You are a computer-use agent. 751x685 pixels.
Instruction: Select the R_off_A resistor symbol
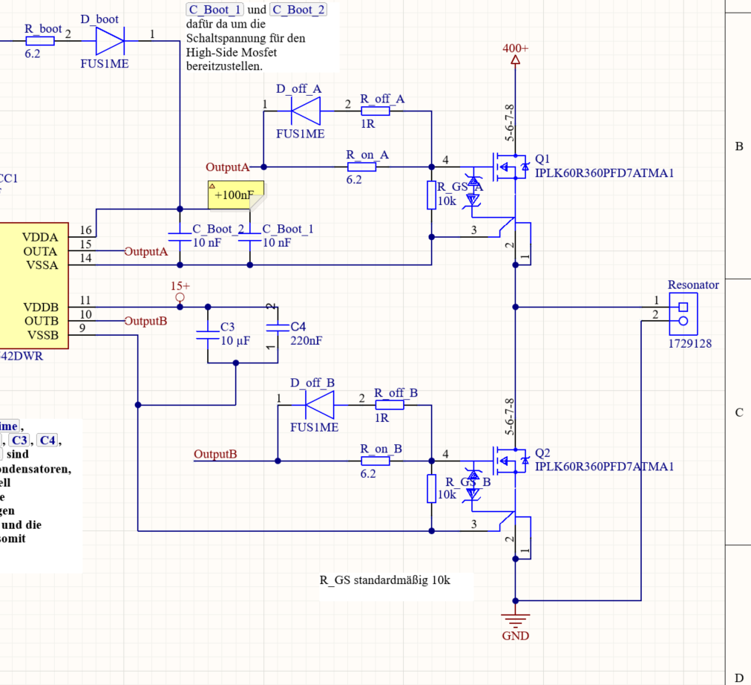[x=375, y=111]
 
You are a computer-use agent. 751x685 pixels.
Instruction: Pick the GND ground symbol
[x=515, y=618]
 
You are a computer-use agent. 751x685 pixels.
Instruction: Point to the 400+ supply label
[x=515, y=48]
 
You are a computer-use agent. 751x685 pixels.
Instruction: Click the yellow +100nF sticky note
[x=235, y=195]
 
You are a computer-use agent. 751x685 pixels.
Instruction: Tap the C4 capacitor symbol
[x=277, y=327]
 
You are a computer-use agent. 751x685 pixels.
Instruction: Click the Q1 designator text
[x=543, y=159]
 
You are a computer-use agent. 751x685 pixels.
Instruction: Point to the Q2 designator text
[x=543, y=453]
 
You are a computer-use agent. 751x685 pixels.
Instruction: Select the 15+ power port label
[x=180, y=286]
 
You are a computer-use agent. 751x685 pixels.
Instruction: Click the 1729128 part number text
[x=690, y=344]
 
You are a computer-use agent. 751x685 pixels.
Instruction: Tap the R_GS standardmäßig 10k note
[x=384, y=580]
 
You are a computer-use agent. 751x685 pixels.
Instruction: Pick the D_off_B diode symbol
[x=318, y=405]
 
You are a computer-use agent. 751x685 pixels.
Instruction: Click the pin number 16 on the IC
[x=87, y=231]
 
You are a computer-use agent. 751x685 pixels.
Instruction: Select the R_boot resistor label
[x=43, y=29]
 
